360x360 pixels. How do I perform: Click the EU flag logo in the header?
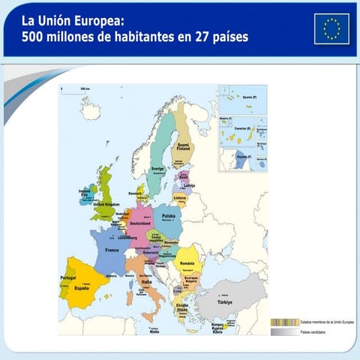pyautogui.click(x=331, y=29)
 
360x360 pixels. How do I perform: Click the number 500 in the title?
pyautogui.click(x=34, y=36)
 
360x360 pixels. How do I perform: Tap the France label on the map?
pyautogui.click(x=112, y=250)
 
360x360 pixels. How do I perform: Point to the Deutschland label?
pyautogui.click(x=140, y=223)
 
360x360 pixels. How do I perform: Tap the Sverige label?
pyautogui.click(x=157, y=169)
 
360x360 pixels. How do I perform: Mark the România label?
pyautogui.click(x=188, y=263)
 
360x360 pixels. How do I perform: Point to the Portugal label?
pyautogui.click(x=68, y=278)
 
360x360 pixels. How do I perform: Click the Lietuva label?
pyautogui.click(x=180, y=198)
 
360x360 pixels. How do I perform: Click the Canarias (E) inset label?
pyautogui.click(x=241, y=127)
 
